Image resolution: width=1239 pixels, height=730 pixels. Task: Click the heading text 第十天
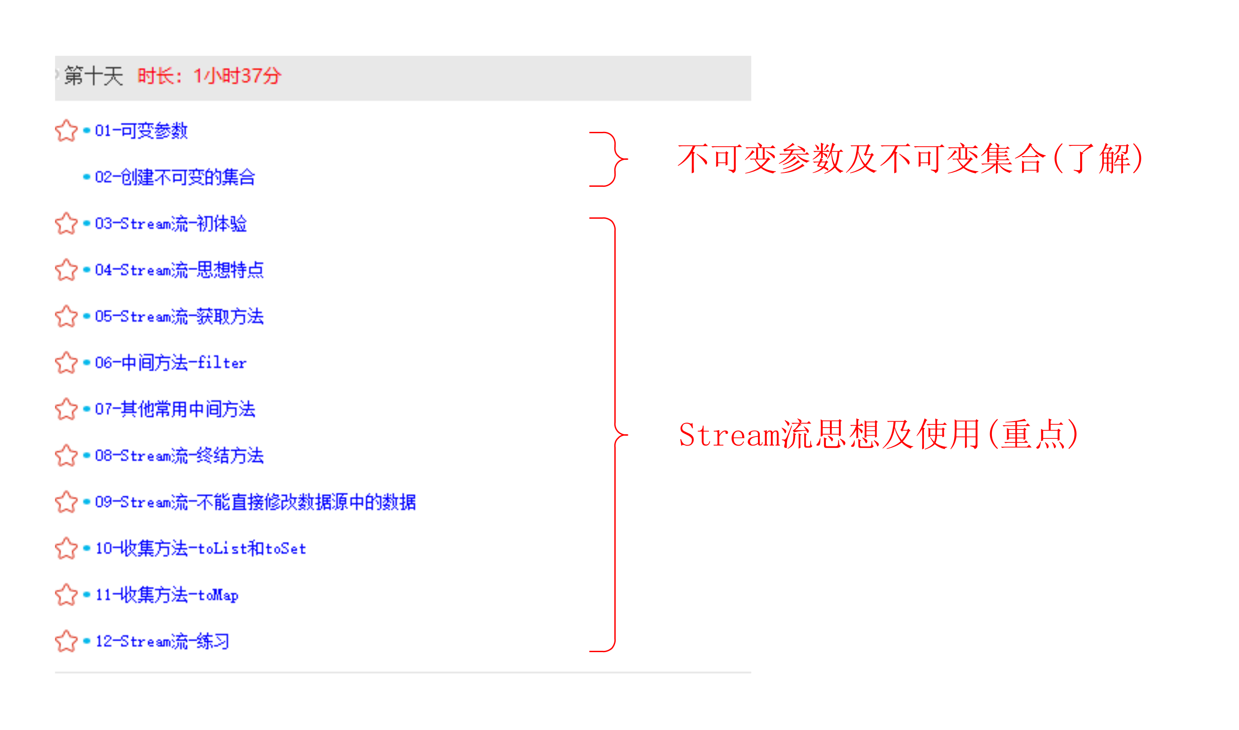pyautogui.click(x=94, y=76)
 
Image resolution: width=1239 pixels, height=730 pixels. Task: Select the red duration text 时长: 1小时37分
pyautogui.click(x=209, y=76)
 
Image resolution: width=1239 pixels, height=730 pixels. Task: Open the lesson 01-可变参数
pyautogui.click(x=141, y=131)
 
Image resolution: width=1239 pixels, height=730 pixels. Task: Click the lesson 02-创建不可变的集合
pyautogui.click(x=175, y=177)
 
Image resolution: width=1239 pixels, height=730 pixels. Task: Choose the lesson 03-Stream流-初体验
pyautogui.click(x=171, y=224)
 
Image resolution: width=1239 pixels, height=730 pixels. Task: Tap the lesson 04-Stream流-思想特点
pyautogui.click(x=179, y=270)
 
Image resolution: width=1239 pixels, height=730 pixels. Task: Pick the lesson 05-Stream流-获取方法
pyautogui.click(x=179, y=317)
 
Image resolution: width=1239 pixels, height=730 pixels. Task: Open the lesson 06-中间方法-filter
pyautogui.click(x=171, y=363)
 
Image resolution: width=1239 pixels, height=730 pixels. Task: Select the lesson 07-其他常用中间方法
pyautogui.click(x=175, y=409)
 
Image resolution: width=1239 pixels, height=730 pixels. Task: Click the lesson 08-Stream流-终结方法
pyautogui.click(x=179, y=456)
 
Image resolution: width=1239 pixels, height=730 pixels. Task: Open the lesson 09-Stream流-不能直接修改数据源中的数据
pyautogui.click(x=255, y=502)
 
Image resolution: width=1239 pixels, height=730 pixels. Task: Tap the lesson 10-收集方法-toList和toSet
pyautogui.click(x=201, y=549)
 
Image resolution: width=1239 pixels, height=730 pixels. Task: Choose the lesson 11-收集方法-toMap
pyautogui.click(x=167, y=595)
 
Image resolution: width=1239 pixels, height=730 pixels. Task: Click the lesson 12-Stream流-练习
pyautogui.click(x=162, y=641)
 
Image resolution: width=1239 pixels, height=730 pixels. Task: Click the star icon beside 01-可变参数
pyautogui.click(x=66, y=131)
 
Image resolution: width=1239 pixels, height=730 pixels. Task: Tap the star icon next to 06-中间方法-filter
pyautogui.click(x=66, y=363)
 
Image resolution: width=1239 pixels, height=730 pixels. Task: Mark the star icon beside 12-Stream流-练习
pyautogui.click(x=66, y=641)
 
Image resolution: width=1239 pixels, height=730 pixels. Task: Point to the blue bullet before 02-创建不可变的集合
pyautogui.click(x=86, y=177)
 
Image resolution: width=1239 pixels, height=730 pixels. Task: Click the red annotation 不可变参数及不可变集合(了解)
pyautogui.click(x=910, y=159)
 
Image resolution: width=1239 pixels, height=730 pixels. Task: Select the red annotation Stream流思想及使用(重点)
pyautogui.click(x=879, y=435)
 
